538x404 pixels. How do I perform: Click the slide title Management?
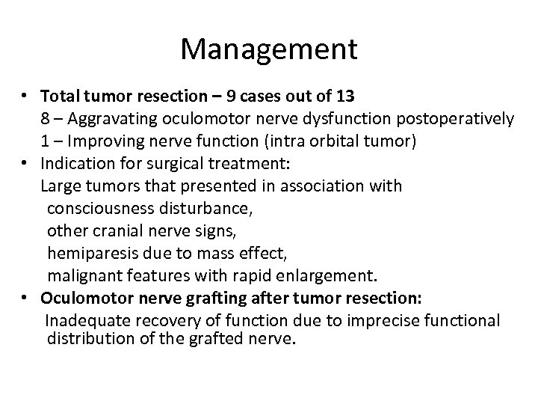click(269, 50)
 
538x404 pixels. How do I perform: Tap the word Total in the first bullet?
click(60, 97)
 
